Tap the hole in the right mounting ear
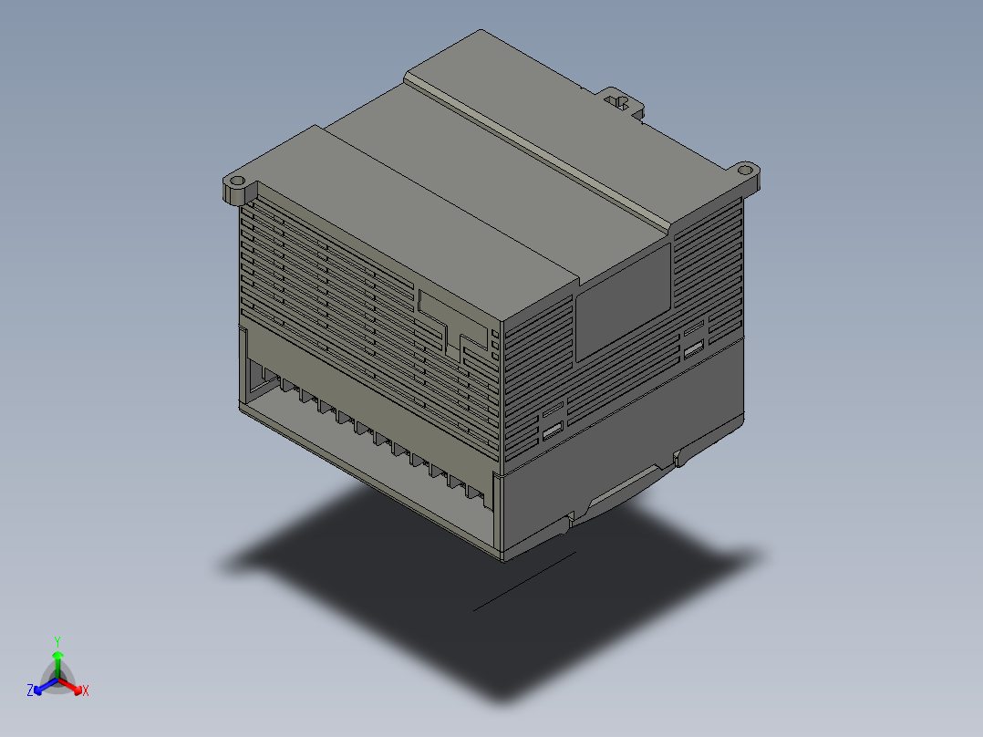pyautogui.click(x=745, y=169)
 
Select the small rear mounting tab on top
pyautogui.click(x=622, y=99)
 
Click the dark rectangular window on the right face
pyautogui.click(x=622, y=299)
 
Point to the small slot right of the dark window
pyautogui.click(x=694, y=348)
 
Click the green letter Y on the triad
pyautogui.click(x=57, y=641)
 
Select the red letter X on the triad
pyautogui.click(x=85, y=691)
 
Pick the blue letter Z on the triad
pyautogui.click(x=30, y=691)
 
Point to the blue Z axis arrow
pyautogui.click(x=41, y=686)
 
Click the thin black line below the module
pyautogui.click(x=524, y=581)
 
